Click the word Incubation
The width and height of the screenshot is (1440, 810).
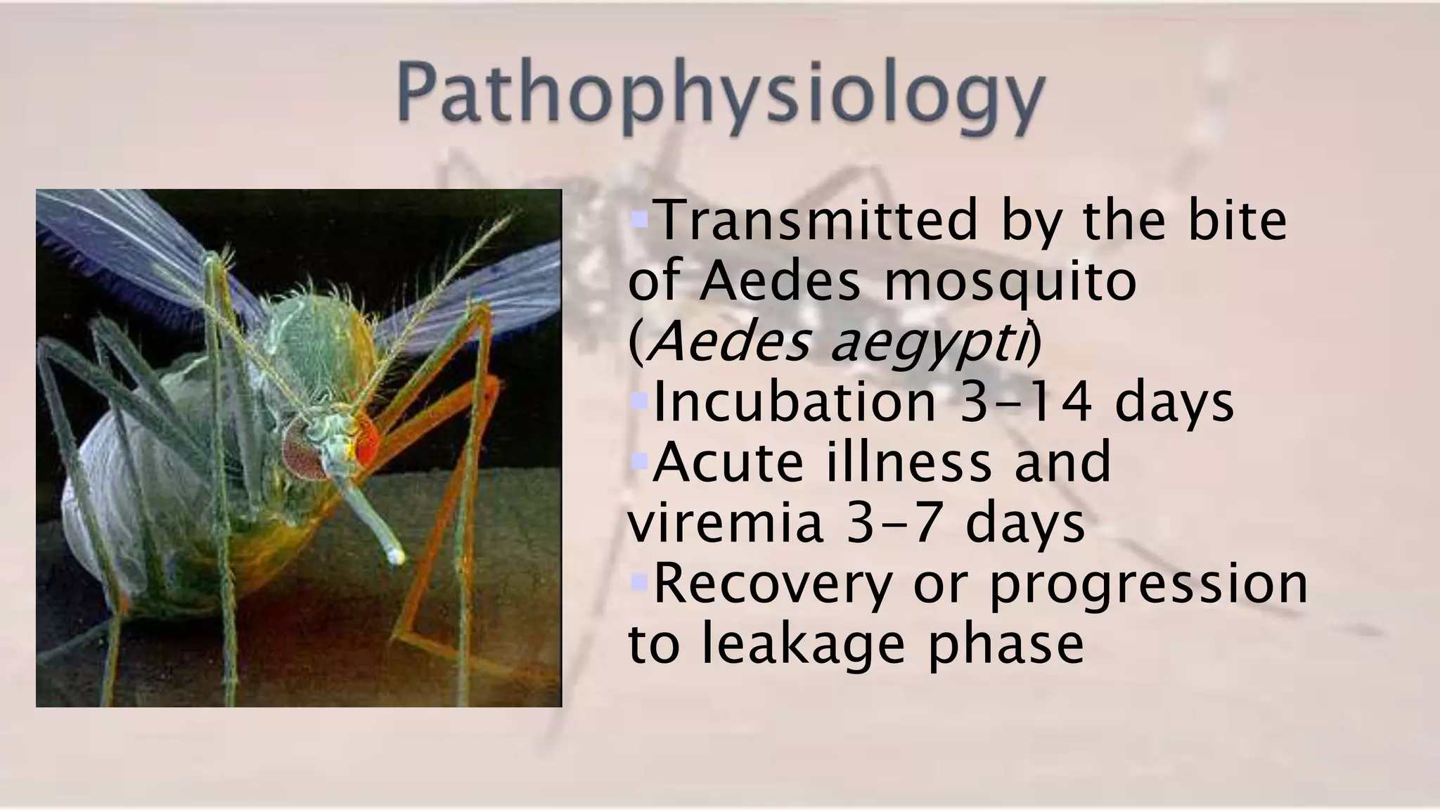[x=795, y=402]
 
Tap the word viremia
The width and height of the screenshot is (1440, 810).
[x=725, y=523]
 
